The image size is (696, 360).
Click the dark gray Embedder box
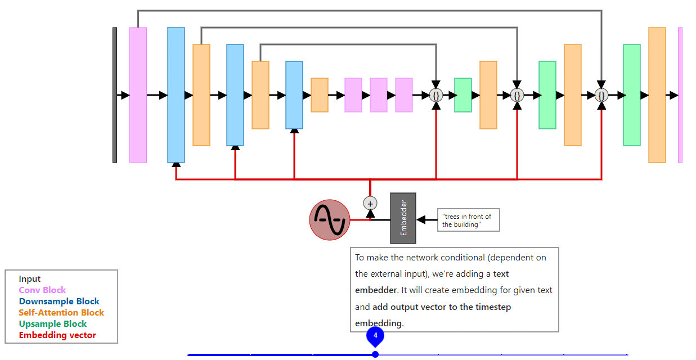click(x=403, y=218)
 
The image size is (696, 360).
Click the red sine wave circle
click(x=330, y=220)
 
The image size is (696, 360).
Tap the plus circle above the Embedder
click(x=370, y=203)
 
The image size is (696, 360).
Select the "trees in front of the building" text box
click(x=468, y=220)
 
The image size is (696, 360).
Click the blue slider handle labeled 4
click(x=375, y=336)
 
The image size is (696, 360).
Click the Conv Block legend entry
click(x=42, y=290)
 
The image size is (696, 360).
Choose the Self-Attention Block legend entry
click(x=61, y=313)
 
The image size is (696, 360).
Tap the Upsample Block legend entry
click(x=52, y=324)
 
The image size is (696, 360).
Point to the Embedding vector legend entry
click(x=57, y=335)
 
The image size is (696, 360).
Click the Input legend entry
click(x=30, y=279)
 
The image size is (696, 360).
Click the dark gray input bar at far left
click(x=115, y=95)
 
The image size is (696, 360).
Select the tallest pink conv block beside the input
click(x=138, y=95)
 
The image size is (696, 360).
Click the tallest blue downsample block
click(x=176, y=95)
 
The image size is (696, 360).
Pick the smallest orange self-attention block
click(x=320, y=95)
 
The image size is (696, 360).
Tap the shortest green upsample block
click(x=463, y=95)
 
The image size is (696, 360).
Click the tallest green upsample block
click(x=632, y=95)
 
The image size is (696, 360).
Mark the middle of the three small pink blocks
click(x=379, y=95)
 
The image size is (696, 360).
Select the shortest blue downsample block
click(x=294, y=95)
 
